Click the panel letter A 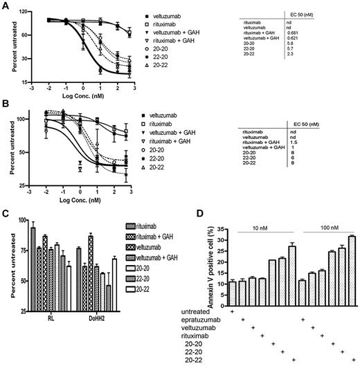pyautogui.click(x=6, y=6)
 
